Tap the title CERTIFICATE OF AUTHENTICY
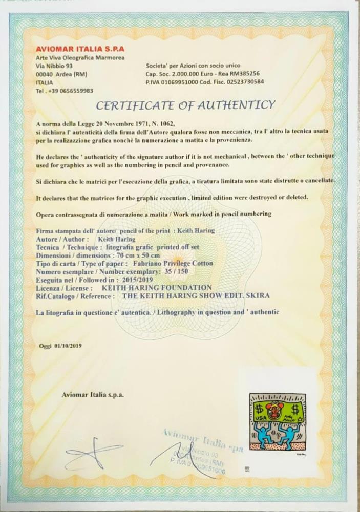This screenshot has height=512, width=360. (x=186, y=105)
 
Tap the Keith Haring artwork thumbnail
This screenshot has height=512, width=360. (x=277, y=420)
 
